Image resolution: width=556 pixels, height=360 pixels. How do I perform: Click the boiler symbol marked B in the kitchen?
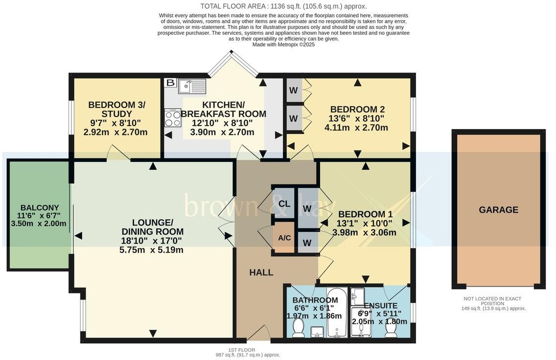[170, 83]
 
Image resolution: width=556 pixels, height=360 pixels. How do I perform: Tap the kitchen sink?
[192, 87]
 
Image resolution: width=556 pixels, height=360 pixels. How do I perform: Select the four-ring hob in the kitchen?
[173, 118]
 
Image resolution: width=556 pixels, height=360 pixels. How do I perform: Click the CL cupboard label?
[284, 203]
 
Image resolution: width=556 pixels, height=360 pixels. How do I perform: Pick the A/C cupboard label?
[284, 238]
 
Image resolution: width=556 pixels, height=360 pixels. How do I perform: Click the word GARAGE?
[498, 210]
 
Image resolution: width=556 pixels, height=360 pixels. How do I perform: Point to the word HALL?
[261, 272]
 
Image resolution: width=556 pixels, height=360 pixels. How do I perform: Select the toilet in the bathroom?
[297, 331]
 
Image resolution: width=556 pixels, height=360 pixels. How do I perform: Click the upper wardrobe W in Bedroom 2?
[294, 90]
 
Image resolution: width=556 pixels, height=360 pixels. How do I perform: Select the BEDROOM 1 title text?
[365, 214]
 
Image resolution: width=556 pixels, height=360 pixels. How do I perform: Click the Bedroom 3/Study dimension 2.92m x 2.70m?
[116, 132]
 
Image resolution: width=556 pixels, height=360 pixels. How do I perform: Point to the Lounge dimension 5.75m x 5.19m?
[151, 249]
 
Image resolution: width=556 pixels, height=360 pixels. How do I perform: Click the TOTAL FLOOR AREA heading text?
[283, 6]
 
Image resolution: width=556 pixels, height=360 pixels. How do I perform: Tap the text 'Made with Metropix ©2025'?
[283, 45]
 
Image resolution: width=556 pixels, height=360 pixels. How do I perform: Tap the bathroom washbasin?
[317, 334]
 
